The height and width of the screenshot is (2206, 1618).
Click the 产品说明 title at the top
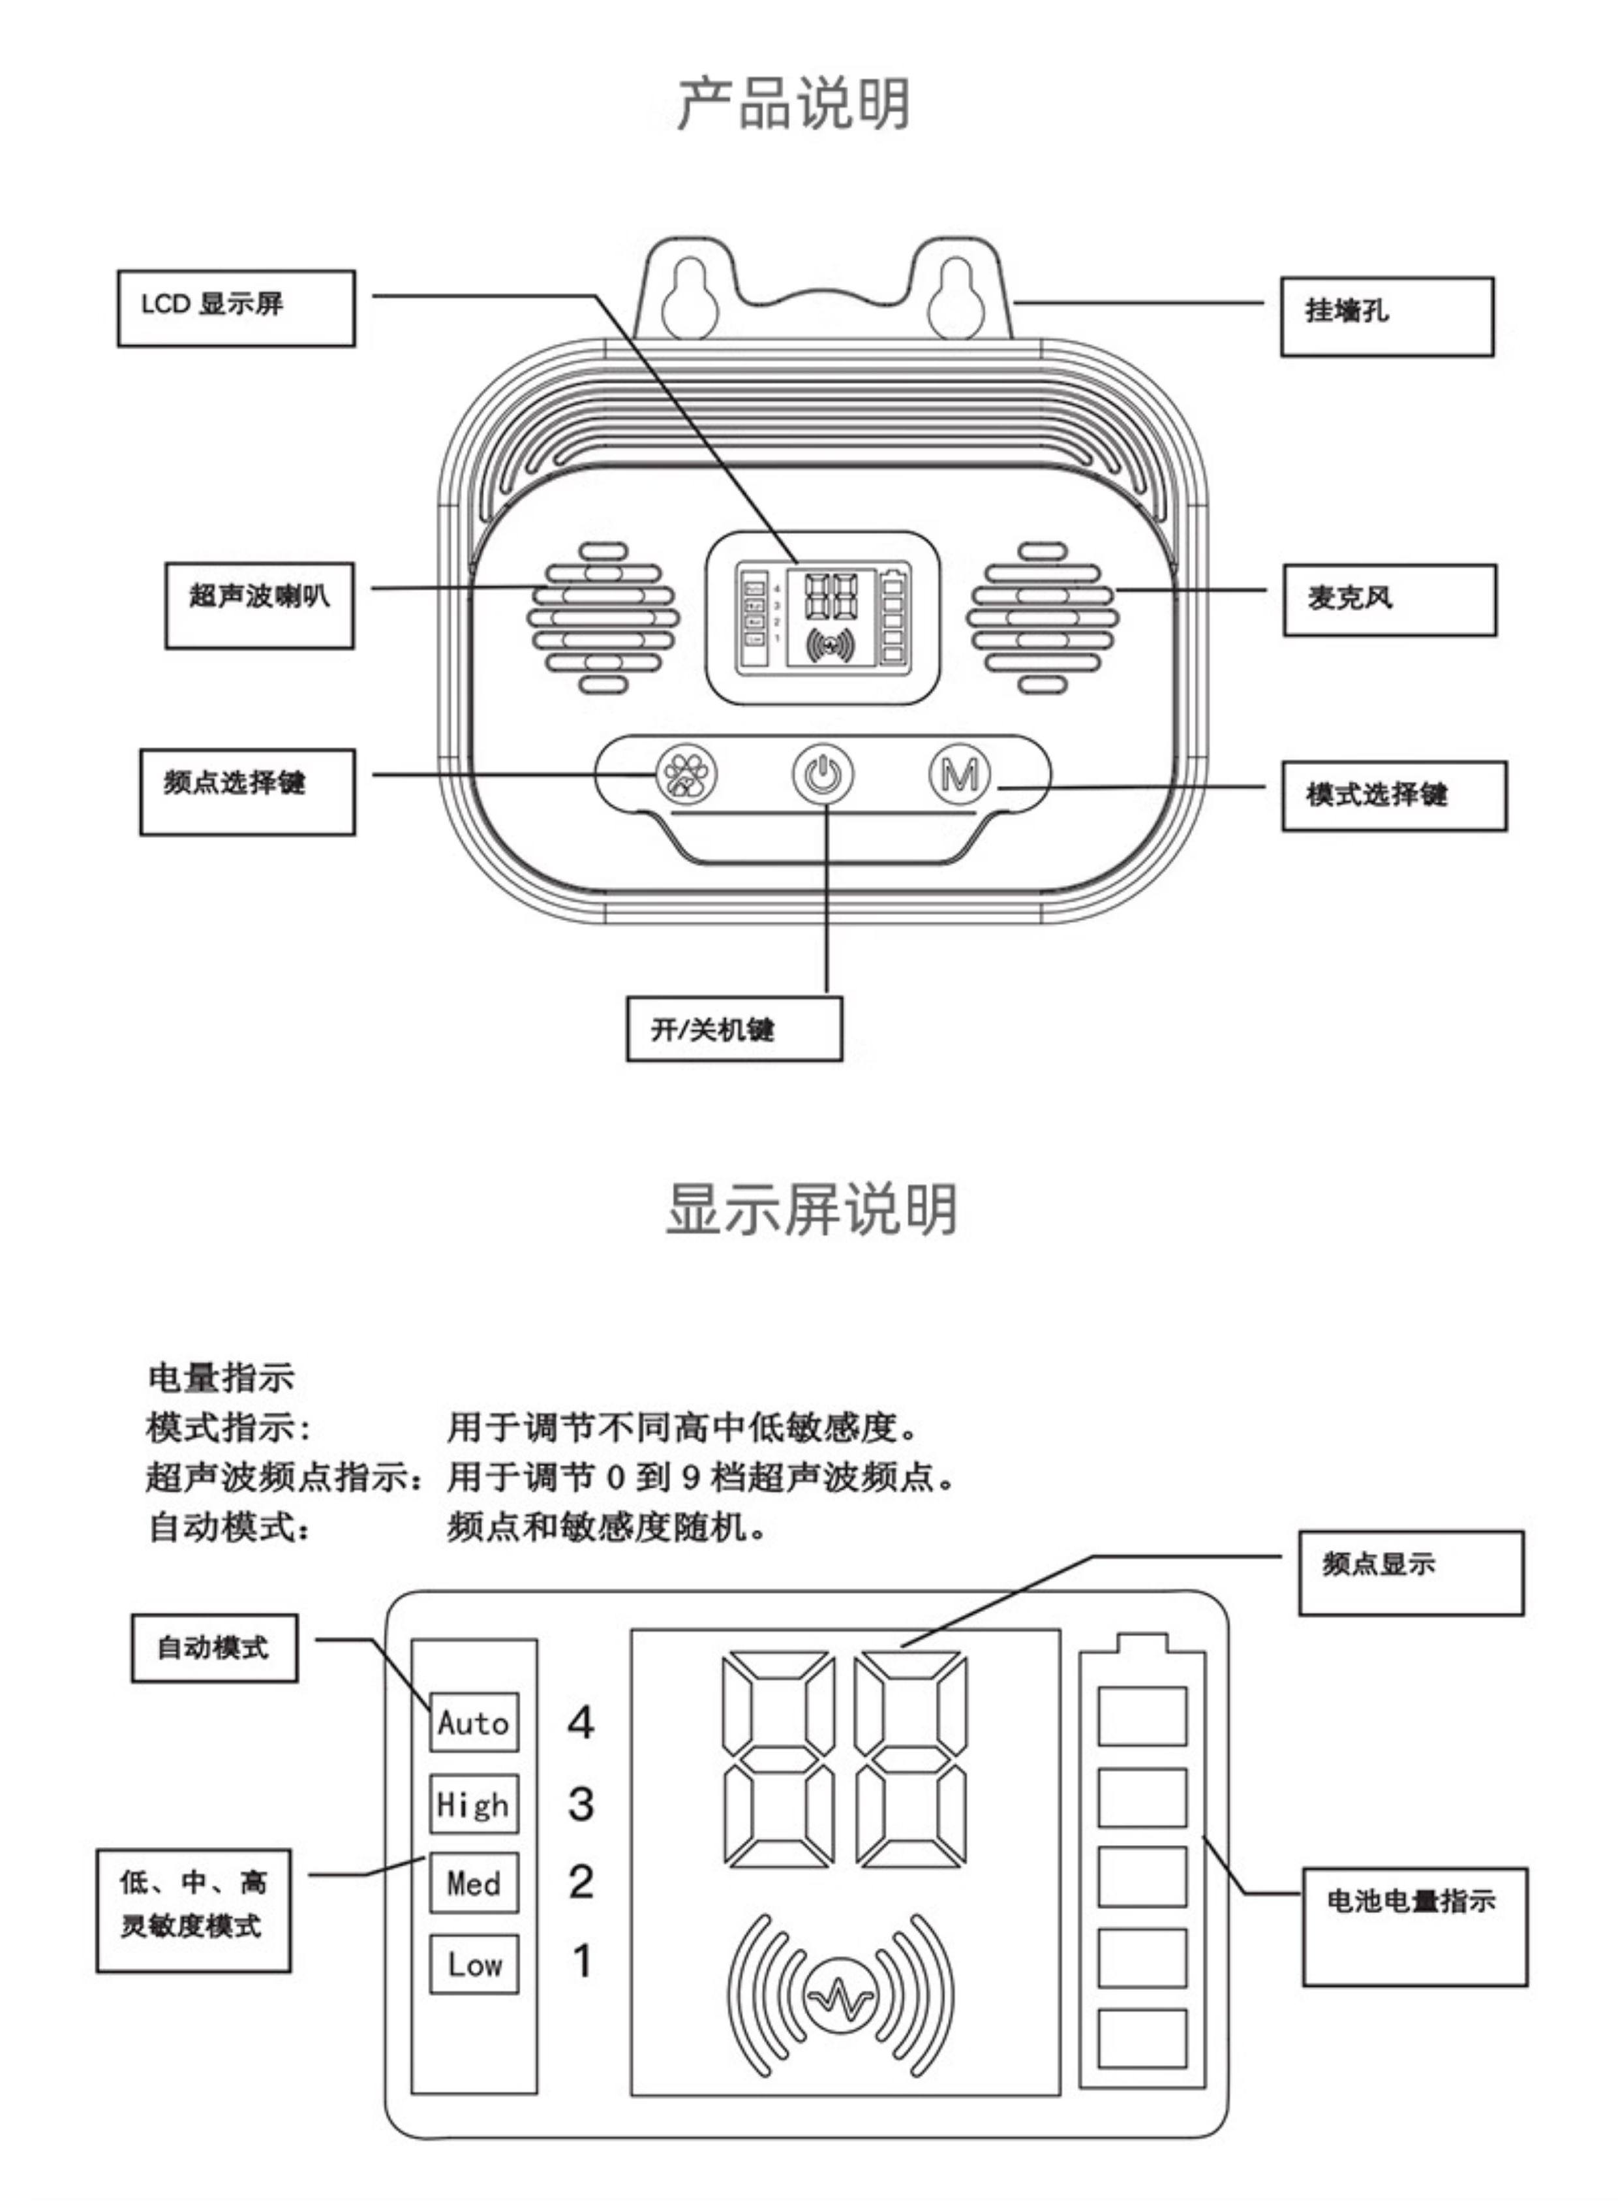794,103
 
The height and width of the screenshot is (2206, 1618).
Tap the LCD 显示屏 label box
236,307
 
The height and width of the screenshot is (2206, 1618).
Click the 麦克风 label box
1389,600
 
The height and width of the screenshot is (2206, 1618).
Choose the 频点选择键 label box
247,792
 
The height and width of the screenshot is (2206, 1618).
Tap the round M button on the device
959,775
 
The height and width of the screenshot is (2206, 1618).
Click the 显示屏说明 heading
811,1210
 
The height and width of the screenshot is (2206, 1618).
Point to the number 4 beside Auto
581,1722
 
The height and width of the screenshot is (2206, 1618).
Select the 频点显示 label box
1411,1572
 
